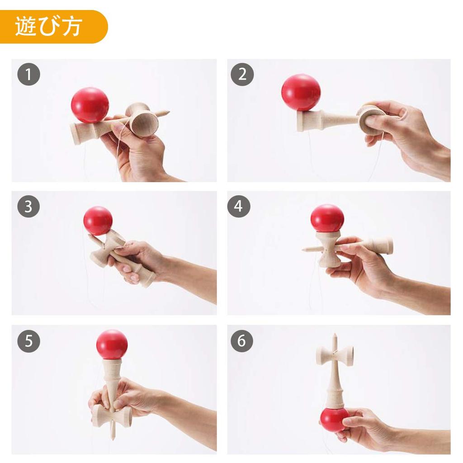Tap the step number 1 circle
pyautogui.click(x=29, y=75)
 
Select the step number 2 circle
pyautogui.click(x=242, y=75)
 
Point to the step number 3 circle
pyautogui.click(x=29, y=206)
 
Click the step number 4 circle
pyautogui.click(x=239, y=206)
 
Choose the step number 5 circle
pyautogui.click(x=29, y=341)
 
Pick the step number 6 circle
pyautogui.click(x=242, y=341)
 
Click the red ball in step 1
pyautogui.click(x=90, y=105)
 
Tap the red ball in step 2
pyautogui.click(x=301, y=92)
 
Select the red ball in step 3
pyautogui.click(x=98, y=221)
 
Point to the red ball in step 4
pyautogui.click(x=327, y=218)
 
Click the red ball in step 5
pyautogui.click(x=112, y=344)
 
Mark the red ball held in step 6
pyautogui.click(x=335, y=419)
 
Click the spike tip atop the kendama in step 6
pyautogui.click(x=335, y=335)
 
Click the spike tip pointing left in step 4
pyautogui.click(x=304, y=249)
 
